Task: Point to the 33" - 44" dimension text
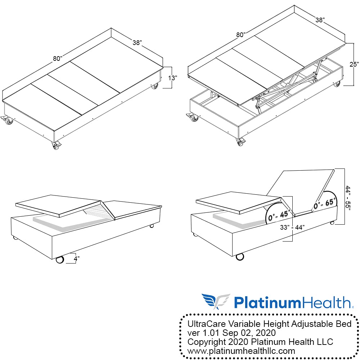click(x=292, y=228)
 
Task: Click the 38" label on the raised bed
click(x=319, y=20)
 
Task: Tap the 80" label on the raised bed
click(x=241, y=35)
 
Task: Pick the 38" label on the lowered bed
click(x=136, y=42)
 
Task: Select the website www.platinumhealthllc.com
click(x=242, y=351)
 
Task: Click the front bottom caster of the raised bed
click(x=240, y=142)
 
